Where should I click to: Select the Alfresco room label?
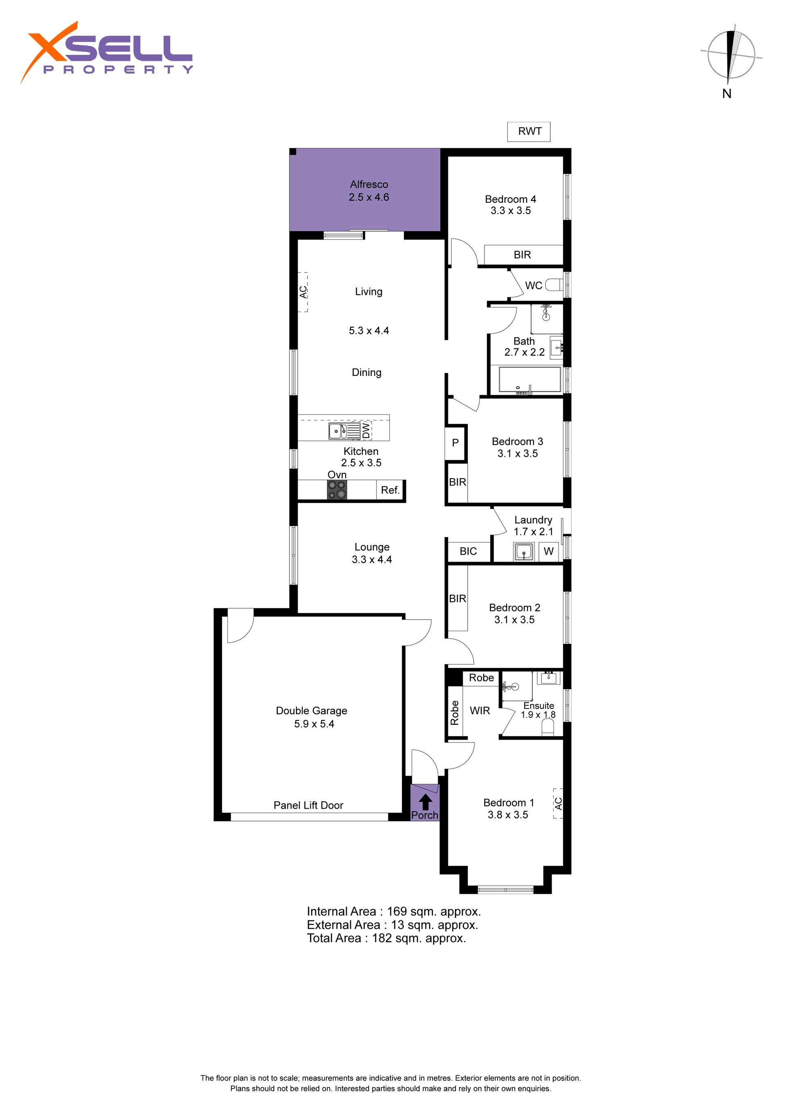click(x=369, y=184)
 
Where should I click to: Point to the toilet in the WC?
click(x=554, y=285)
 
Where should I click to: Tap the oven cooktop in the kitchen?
click(x=337, y=490)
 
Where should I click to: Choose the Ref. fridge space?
click(x=390, y=490)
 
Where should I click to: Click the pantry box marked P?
click(x=455, y=443)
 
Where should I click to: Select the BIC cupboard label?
click(x=468, y=551)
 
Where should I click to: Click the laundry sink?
click(x=524, y=552)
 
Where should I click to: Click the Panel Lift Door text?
click(x=309, y=805)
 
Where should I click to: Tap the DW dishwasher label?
click(x=366, y=430)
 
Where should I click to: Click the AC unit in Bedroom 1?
click(x=558, y=803)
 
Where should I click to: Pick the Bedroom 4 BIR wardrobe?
click(x=523, y=254)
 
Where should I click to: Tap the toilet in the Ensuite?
click(x=547, y=727)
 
